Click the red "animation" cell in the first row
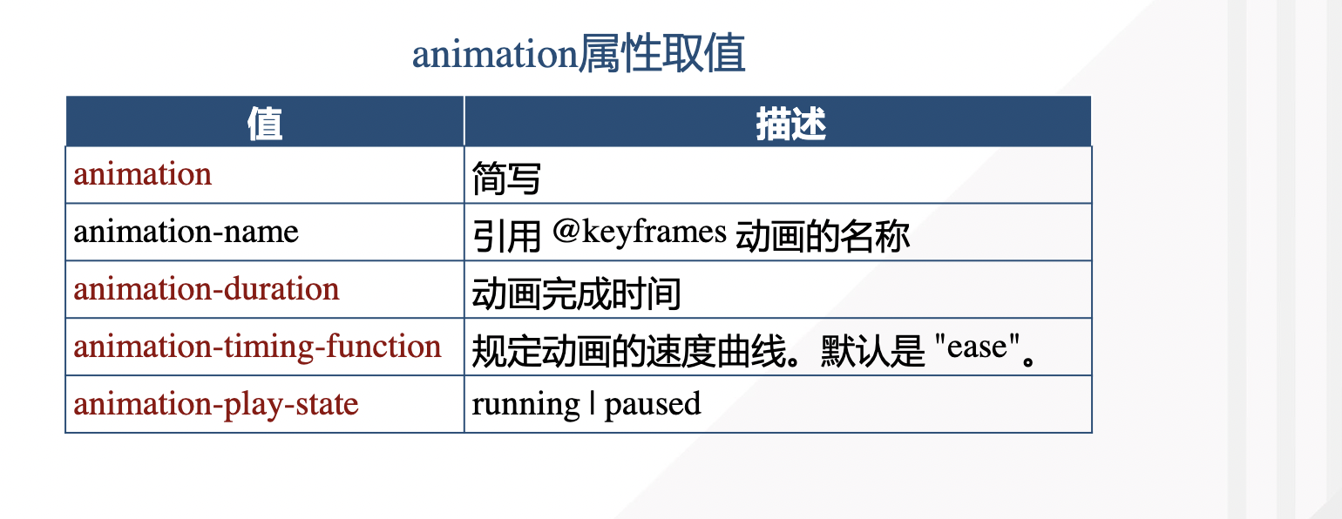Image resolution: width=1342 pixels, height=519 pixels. [143, 174]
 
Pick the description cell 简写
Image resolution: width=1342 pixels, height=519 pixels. [506, 178]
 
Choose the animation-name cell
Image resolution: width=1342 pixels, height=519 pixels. [186, 232]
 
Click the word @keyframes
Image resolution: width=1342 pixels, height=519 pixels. [640, 232]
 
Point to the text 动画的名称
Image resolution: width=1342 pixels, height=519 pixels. [823, 235]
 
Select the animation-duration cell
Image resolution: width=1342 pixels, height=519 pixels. [207, 289]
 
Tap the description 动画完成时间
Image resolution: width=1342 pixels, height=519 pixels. [576, 293]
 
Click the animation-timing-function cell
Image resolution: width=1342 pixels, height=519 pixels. [258, 347]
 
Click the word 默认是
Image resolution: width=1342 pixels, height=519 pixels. [871, 351]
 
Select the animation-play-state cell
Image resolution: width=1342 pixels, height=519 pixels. [216, 404]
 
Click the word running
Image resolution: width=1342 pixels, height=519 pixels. [525, 405]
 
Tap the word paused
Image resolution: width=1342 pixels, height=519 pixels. [653, 405]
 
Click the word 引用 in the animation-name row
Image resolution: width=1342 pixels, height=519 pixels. [506, 235]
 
